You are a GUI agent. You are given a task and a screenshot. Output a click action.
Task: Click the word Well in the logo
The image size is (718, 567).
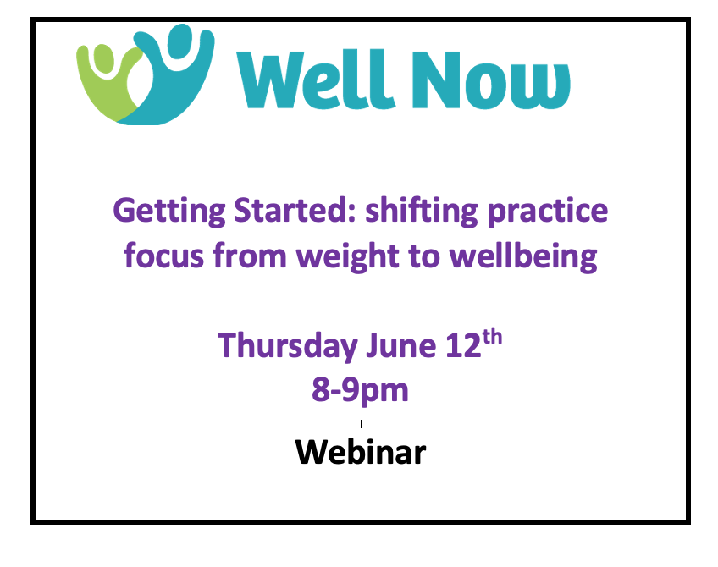[316, 80]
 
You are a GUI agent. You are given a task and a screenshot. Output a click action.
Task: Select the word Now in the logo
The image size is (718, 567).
[490, 80]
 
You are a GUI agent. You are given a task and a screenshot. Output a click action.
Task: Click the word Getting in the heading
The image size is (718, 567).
[169, 212]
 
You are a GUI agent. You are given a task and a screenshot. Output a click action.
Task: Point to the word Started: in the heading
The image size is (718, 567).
[295, 210]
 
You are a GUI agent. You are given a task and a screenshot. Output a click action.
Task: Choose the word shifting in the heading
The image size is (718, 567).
[422, 212]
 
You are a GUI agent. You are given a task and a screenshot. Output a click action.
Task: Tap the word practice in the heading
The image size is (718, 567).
[548, 212]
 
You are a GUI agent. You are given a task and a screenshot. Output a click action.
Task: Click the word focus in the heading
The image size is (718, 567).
[163, 256]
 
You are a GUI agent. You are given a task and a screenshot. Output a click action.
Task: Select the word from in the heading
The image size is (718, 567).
[250, 256]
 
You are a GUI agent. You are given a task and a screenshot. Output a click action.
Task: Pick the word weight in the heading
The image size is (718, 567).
[347, 257]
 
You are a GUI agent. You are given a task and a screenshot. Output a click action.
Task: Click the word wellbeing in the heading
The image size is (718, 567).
[523, 257]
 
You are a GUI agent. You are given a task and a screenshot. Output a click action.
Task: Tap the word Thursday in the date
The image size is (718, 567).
[288, 346]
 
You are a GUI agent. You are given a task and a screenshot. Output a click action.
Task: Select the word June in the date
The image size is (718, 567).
[400, 345]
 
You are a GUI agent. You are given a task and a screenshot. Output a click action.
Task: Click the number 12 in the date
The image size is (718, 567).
[463, 345]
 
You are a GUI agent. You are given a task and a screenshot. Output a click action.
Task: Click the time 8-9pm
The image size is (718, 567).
[360, 391]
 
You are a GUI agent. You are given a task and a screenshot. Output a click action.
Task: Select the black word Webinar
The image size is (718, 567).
[361, 452]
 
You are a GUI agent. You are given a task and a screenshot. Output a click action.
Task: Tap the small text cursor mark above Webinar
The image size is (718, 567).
[362, 424]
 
